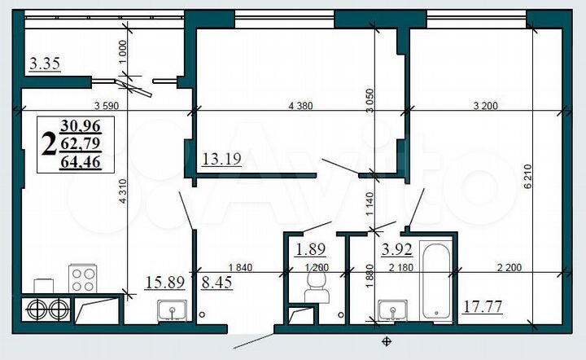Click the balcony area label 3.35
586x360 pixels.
pyautogui.click(x=44, y=64)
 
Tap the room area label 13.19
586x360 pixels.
pyautogui.click(x=219, y=160)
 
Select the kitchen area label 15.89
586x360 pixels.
pyautogui.click(x=163, y=283)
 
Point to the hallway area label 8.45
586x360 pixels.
pyautogui.click(x=216, y=283)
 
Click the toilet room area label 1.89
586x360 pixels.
pyautogui.click(x=310, y=250)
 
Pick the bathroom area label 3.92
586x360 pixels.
pyautogui.click(x=397, y=250)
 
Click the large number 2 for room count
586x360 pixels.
pyautogui.click(x=49, y=145)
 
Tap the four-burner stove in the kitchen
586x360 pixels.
pyautogui.click(x=83, y=279)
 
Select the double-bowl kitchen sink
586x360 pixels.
pyautogui.click(x=45, y=310)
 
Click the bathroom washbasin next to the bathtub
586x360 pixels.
pyautogui.click(x=394, y=310)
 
